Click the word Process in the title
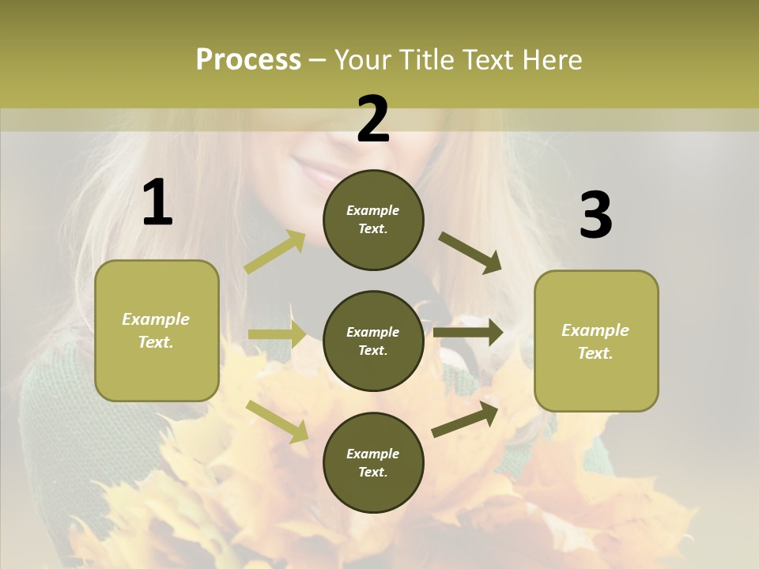click(248, 60)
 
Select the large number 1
click(157, 203)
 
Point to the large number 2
click(373, 119)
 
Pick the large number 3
click(595, 215)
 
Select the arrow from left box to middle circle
click(278, 334)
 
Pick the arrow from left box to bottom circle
click(278, 420)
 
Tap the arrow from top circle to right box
click(470, 253)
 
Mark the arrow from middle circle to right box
click(468, 333)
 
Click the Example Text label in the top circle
click(373, 220)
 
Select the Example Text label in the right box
click(595, 341)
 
